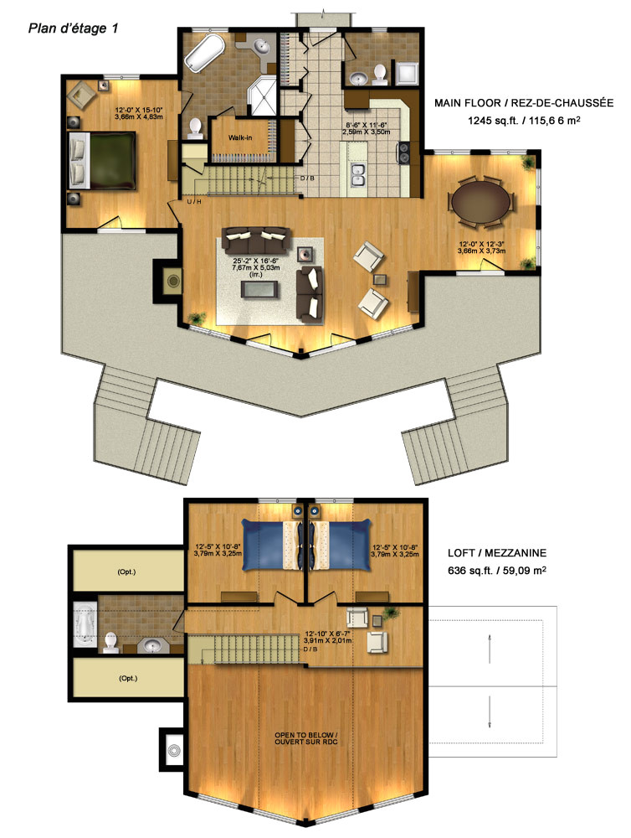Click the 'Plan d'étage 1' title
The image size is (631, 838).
pyautogui.click(x=73, y=28)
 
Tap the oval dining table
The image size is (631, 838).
pyautogui.click(x=480, y=201)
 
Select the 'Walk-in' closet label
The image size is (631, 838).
pyautogui.click(x=240, y=138)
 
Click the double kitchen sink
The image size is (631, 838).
pyautogui.click(x=357, y=175)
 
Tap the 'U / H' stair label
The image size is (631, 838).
pyautogui.click(x=194, y=201)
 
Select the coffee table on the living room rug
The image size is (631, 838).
pyautogui.click(x=259, y=289)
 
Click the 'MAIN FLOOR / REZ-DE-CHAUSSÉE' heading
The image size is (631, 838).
pyautogui.click(x=524, y=102)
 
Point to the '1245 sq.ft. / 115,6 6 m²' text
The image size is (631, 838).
pyautogui.click(x=524, y=120)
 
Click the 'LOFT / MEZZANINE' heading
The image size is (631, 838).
pyautogui.click(x=497, y=553)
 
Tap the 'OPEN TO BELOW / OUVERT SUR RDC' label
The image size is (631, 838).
pyautogui.click(x=306, y=738)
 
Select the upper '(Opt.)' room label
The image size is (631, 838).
pyautogui.click(x=126, y=572)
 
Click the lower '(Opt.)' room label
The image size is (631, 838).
pyautogui.click(x=128, y=678)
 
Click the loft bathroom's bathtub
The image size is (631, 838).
pyautogui.click(x=85, y=623)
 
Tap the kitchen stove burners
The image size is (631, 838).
pyautogui.click(x=404, y=152)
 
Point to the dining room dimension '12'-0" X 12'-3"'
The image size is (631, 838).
pyautogui.click(x=482, y=244)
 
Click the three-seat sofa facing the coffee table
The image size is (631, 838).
pyautogui.click(x=256, y=241)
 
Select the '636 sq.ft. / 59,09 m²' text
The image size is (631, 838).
pyautogui.click(x=497, y=570)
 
